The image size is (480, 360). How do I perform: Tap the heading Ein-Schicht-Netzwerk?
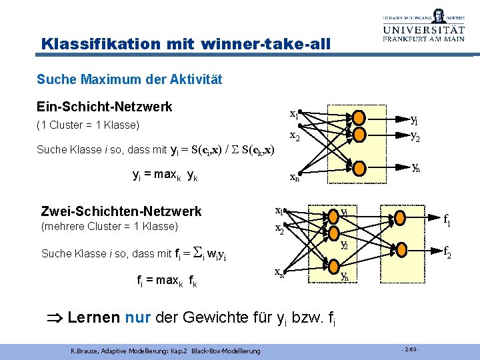click(105, 107)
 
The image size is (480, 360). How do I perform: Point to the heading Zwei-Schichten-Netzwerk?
click(121, 211)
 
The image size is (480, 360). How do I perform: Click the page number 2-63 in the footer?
click(410, 349)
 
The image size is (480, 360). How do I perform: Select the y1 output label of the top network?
click(414, 120)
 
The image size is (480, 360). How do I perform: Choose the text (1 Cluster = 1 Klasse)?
click(87, 125)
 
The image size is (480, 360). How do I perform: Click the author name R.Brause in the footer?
click(83, 349)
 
